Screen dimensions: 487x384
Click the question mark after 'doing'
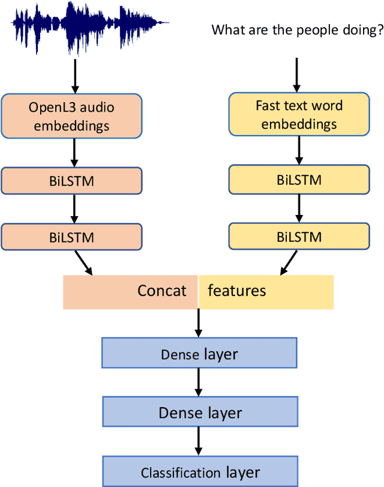point(379,30)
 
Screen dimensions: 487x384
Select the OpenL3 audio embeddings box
point(72,116)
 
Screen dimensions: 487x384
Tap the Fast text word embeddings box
point(299,115)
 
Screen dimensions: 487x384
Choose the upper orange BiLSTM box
point(72,180)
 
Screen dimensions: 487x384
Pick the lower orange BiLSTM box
point(72,237)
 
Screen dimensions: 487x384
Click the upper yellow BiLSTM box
point(299,179)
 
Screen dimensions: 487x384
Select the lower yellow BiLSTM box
point(299,236)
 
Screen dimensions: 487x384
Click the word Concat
point(162,291)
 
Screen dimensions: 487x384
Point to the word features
point(236,291)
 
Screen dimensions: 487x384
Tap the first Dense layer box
point(199,354)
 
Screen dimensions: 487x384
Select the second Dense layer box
point(199,412)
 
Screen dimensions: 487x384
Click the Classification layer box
point(199,471)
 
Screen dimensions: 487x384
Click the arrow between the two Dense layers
point(199,383)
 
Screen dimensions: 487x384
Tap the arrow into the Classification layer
point(199,441)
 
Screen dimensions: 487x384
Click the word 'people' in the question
point(297,30)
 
